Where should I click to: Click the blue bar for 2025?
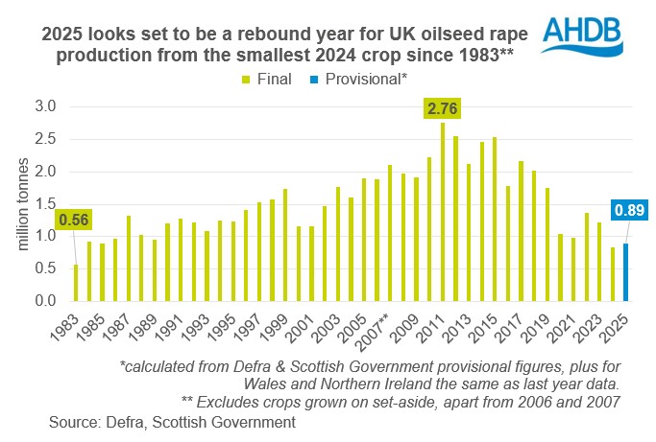coord(626,272)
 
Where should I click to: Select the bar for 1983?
coord(77,283)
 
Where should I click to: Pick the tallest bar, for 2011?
coord(443,212)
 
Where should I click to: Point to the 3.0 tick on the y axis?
coord(47,105)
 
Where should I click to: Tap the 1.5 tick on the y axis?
coord(47,203)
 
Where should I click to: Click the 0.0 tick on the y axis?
coord(47,301)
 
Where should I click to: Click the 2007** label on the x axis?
coord(373,331)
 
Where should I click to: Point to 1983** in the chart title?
coord(483,54)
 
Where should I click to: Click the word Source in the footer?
coord(73,419)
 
